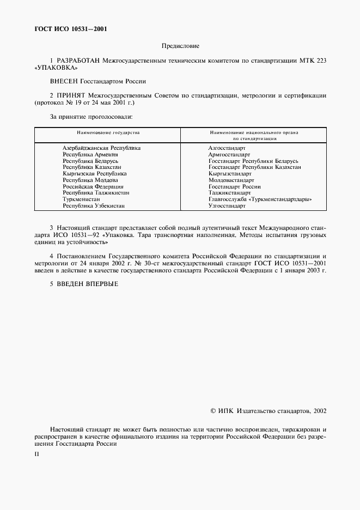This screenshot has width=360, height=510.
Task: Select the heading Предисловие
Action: pyautogui.click(x=180, y=46)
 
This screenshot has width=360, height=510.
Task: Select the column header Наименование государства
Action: pyautogui.click(x=107, y=132)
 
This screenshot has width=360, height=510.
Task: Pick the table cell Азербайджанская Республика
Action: pyautogui.click(x=101, y=148)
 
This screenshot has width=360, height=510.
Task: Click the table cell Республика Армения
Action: pyautogui.click(x=90, y=155)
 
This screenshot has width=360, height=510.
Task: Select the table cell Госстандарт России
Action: pyautogui.click(x=234, y=186)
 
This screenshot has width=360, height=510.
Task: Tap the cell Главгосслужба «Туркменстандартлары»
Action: pyautogui.click(x=260, y=199)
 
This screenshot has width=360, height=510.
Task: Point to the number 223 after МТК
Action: pyautogui.click(x=320, y=60)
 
